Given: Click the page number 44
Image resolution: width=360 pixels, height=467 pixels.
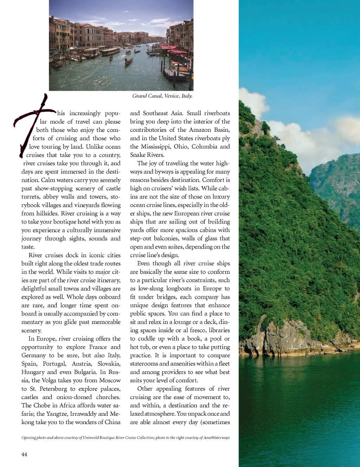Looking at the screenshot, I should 24,454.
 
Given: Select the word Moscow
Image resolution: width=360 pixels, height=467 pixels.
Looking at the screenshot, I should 109,380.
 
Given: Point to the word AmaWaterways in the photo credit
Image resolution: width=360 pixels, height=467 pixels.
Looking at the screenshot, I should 216,437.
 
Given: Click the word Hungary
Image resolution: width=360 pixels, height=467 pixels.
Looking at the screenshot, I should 33,372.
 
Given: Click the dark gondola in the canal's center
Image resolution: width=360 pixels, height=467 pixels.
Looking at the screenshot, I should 129,62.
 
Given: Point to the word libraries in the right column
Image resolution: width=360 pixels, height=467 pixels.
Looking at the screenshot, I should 219,330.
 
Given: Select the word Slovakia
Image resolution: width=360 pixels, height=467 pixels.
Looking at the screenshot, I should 109,364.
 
